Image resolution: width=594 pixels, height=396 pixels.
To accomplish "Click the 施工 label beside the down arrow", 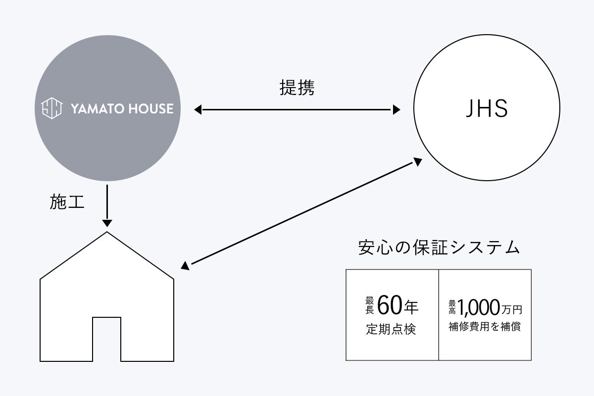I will click(x=68, y=202).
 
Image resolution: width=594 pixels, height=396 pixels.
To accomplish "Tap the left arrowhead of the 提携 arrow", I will click(x=198, y=110).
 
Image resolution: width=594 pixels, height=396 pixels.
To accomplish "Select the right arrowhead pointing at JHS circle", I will click(x=396, y=110).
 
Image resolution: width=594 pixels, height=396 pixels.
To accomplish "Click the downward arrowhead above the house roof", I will click(x=106, y=223).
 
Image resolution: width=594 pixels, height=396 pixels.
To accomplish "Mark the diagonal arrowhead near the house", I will click(x=185, y=266).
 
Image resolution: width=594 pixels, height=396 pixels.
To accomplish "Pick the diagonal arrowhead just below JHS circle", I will click(x=417, y=162).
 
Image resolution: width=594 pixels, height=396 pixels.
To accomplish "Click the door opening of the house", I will click(x=106, y=339).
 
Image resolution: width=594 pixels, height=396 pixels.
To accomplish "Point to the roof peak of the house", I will click(x=106, y=233).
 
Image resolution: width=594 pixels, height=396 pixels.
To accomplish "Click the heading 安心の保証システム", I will click(x=439, y=247).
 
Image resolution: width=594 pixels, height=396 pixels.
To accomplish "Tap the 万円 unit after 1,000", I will click(x=511, y=310).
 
